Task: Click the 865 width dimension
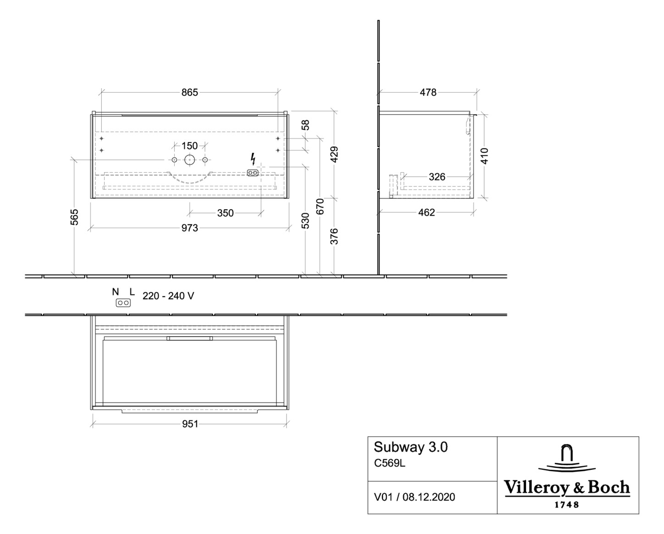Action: [x=189, y=92]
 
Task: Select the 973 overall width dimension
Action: [x=189, y=228]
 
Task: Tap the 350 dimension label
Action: [x=225, y=213]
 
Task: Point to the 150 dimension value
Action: [x=189, y=146]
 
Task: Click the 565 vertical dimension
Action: [x=74, y=217]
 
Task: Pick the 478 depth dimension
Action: [x=428, y=92]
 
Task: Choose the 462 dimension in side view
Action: [x=426, y=213]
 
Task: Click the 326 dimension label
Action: [x=437, y=177]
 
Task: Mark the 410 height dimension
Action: [x=484, y=156]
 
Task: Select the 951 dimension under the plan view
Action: [x=190, y=424]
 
